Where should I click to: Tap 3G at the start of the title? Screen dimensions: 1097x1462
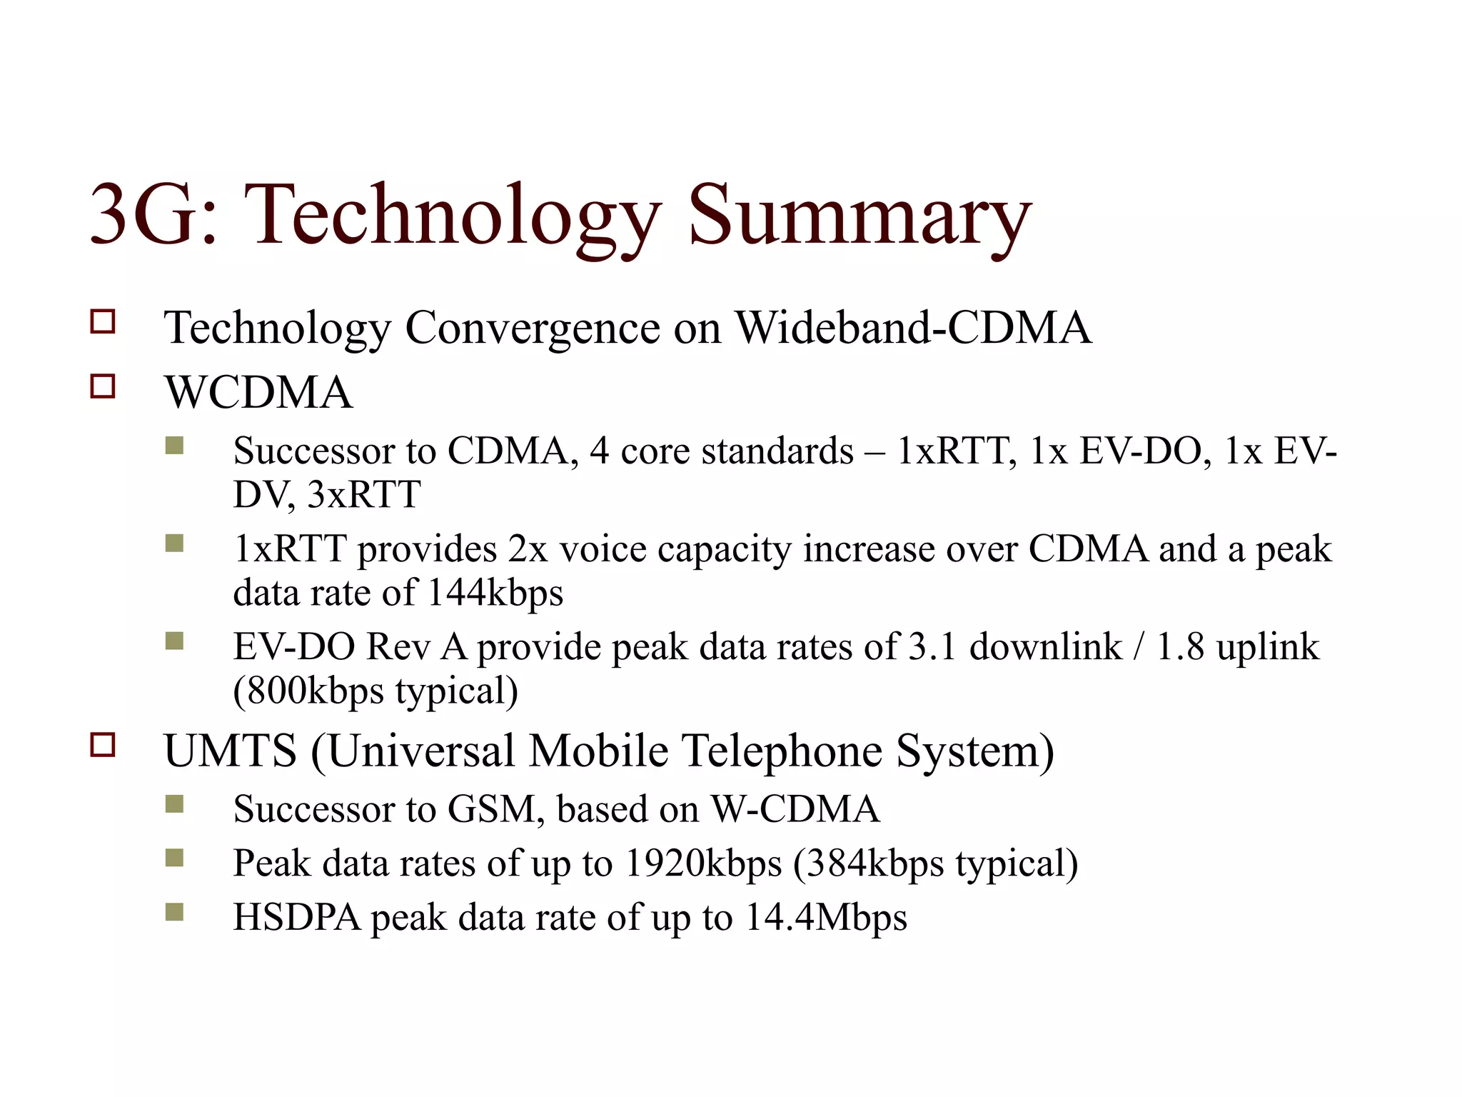(143, 214)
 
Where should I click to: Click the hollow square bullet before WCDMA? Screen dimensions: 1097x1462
(103, 386)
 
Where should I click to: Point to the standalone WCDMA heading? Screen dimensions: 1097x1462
(258, 393)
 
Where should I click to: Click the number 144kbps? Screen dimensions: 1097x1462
(495, 592)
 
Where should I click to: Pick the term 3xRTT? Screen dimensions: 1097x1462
(364, 494)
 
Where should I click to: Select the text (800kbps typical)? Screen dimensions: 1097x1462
(375, 691)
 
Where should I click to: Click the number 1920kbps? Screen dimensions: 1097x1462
(703, 863)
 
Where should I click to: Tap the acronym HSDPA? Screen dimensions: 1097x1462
(297, 917)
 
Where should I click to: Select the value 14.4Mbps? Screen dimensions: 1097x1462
(825, 917)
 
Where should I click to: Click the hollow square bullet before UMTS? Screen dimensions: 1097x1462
(103, 745)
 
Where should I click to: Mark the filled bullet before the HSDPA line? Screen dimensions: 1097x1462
(174, 912)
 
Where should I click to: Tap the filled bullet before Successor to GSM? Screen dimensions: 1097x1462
(174, 804)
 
